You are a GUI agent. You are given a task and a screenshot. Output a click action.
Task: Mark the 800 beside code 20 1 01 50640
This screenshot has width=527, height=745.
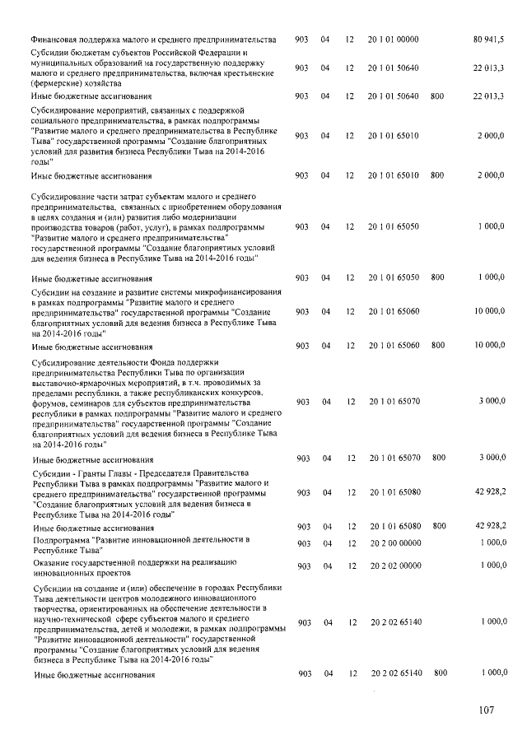click(x=437, y=96)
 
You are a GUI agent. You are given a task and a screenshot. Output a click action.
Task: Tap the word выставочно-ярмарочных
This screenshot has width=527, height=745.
click(x=81, y=382)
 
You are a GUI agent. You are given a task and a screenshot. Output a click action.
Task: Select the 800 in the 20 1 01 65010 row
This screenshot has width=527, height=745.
click(x=437, y=175)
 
